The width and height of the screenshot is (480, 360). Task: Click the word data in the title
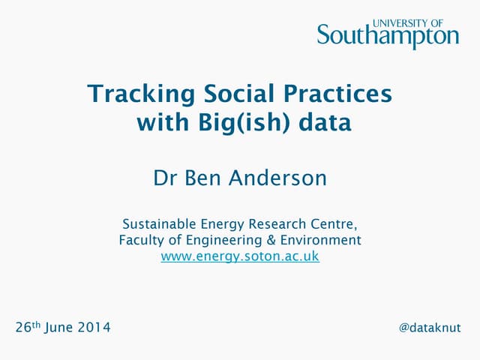point(324,123)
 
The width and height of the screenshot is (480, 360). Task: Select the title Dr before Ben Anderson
point(165,178)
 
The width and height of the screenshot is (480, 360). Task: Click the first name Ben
point(202,178)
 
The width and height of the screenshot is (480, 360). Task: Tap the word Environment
point(320,241)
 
